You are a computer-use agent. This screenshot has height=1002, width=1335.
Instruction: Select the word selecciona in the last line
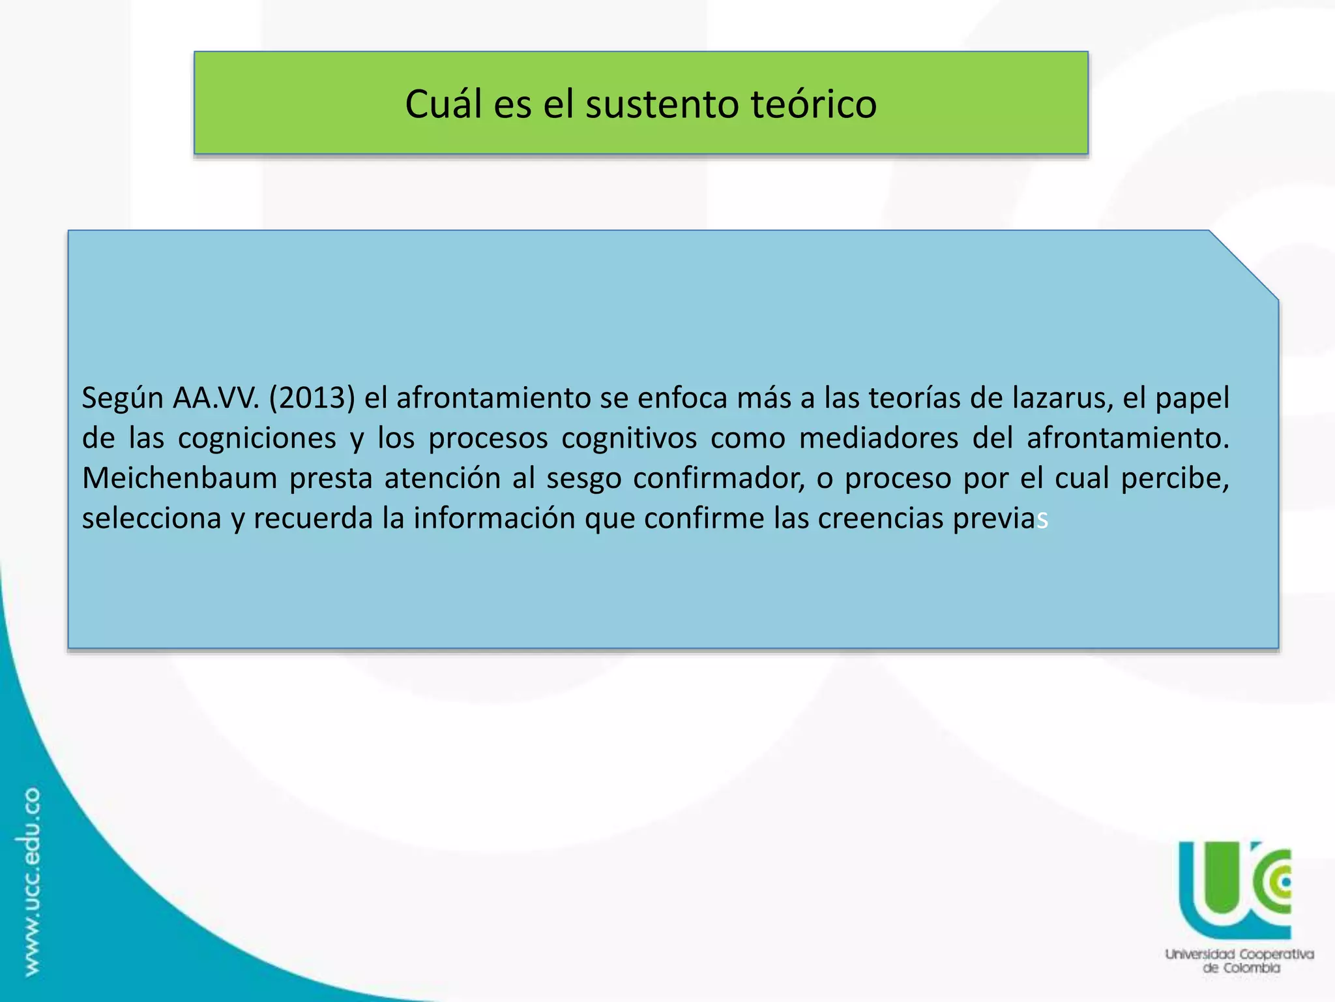151,519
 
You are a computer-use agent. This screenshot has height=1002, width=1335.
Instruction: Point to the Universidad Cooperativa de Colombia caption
1239,960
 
